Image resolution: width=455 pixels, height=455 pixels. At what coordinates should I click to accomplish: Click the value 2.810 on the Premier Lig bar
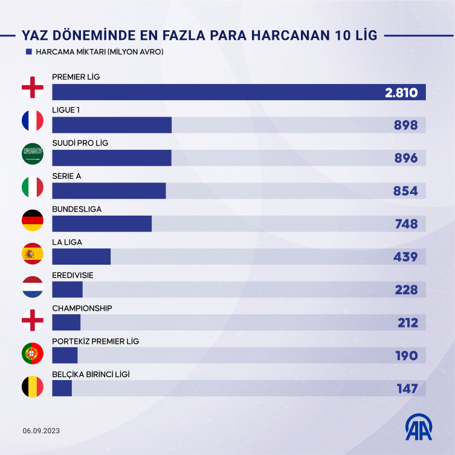(x=401, y=92)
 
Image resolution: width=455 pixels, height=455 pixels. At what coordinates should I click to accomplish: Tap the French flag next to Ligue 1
(x=33, y=121)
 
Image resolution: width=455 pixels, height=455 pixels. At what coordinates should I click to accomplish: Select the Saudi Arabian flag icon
(x=33, y=153)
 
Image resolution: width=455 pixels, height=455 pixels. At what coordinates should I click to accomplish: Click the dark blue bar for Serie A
(x=109, y=190)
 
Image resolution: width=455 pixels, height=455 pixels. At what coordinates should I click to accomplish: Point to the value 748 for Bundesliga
(x=406, y=224)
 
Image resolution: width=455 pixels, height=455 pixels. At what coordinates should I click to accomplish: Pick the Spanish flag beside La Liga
(x=33, y=253)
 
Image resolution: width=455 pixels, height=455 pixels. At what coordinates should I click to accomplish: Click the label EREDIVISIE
(x=73, y=275)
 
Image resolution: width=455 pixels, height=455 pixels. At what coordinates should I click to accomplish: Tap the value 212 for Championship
(x=407, y=323)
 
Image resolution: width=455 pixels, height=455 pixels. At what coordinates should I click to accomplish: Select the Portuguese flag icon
(x=33, y=352)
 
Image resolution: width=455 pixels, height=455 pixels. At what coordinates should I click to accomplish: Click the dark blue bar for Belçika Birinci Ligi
(x=62, y=388)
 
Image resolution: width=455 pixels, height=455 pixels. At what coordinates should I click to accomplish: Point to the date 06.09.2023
(x=42, y=431)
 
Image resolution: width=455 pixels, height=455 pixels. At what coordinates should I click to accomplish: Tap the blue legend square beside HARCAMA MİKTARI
(x=28, y=52)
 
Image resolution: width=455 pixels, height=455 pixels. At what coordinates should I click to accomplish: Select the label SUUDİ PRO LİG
(x=80, y=143)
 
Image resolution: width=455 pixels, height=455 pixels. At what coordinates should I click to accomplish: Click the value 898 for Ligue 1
(x=406, y=125)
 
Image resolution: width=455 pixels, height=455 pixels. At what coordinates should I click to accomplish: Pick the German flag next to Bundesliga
(x=33, y=220)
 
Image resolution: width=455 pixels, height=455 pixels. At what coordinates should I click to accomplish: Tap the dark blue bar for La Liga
(x=82, y=256)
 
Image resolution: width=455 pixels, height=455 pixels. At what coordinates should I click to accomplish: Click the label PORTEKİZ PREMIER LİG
(x=95, y=341)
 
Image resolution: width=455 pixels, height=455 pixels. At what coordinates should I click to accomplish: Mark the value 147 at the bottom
(x=407, y=389)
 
